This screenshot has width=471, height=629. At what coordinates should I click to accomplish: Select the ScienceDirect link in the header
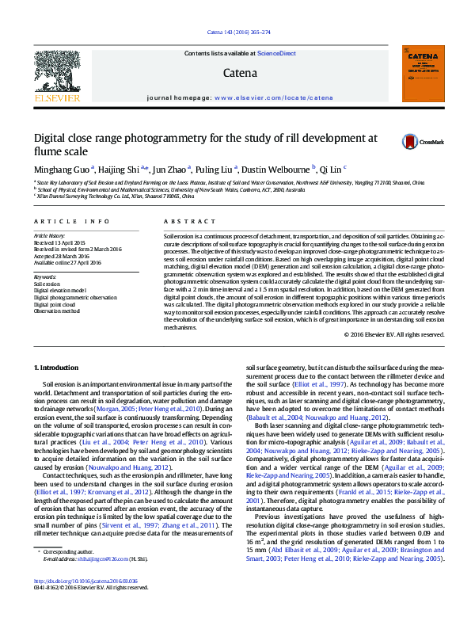[x=275, y=53]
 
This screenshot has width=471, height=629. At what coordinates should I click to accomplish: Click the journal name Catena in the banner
[x=240, y=73]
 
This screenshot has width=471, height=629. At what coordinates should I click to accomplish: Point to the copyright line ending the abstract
[x=395, y=334]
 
